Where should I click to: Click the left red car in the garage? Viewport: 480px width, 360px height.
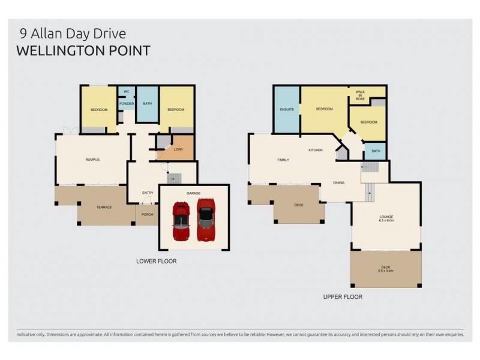181,221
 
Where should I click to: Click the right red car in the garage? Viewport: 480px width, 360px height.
206,219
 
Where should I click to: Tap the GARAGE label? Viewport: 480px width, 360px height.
193,193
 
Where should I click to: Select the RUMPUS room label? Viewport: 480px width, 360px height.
92,159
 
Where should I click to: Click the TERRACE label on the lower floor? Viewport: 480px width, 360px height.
104,207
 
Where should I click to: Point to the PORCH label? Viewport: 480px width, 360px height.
147,214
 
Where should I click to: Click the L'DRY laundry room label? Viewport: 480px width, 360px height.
178,149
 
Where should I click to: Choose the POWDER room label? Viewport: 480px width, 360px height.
126,104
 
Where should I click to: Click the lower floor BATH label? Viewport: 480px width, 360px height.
146,104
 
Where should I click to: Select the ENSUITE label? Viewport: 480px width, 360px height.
286,109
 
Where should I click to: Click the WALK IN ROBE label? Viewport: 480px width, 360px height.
360,94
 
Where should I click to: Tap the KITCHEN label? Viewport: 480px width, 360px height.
316,149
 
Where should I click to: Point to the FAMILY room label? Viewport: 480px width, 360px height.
283,160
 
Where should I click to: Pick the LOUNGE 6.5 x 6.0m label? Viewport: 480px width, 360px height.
386,218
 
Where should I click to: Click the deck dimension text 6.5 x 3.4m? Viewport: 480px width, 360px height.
386,271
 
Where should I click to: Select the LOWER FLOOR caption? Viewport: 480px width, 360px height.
156,261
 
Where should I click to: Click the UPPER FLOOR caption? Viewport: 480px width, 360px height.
343,296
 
